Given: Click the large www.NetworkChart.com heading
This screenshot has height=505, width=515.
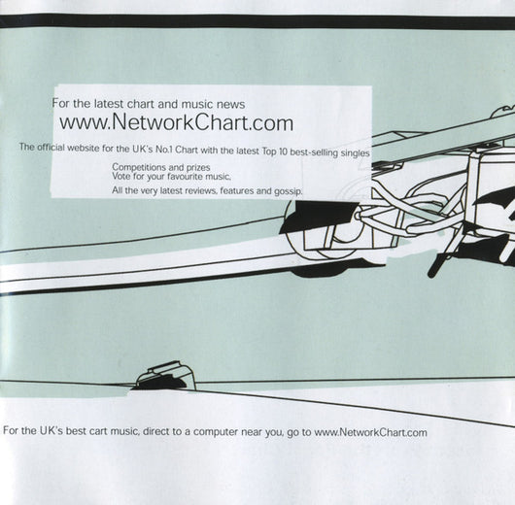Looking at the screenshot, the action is coord(176,122).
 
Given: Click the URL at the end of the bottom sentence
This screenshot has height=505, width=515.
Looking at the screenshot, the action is coord(371,432).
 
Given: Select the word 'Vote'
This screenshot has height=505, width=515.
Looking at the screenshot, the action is coord(120,176).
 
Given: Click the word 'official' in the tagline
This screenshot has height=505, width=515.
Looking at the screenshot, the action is coord(51,147).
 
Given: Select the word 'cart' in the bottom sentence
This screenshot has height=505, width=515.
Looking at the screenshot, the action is coord(98,431).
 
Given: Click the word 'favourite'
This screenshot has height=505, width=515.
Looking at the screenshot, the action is coord(185,177).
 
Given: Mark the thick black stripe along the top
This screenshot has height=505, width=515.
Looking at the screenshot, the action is coord(257,21).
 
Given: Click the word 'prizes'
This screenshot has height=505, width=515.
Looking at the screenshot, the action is coord(198,168).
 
